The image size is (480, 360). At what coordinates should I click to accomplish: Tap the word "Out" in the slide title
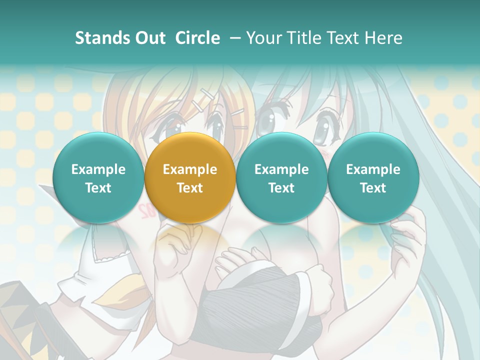(x=148, y=38)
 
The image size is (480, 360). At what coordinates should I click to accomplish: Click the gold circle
(x=190, y=178)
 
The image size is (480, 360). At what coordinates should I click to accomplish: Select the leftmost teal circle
(x=98, y=178)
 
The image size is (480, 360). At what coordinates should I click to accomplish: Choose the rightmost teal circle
(x=373, y=178)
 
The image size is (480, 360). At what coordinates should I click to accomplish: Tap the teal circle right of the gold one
(x=281, y=178)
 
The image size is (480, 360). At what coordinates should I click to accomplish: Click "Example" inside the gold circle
(x=190, y=169)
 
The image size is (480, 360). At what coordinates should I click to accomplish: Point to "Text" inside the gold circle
(x=190, y=188)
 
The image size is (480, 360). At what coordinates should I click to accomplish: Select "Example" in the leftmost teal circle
(x=98, y=169)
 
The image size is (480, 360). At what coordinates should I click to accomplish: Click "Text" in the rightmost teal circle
(x=373, y=188)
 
